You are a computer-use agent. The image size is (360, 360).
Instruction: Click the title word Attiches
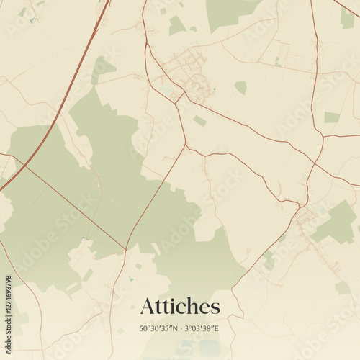point(180,306)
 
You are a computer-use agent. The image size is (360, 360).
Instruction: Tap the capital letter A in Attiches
point(148,306)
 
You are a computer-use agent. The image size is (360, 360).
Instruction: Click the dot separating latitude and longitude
point(180,328)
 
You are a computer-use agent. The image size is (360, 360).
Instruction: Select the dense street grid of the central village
point(187,72)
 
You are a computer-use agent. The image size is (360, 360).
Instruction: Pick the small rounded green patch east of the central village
point(240,87)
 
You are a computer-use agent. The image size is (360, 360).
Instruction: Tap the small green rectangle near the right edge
point(332,117)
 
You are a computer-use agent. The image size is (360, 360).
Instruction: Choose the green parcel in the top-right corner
point(348,18)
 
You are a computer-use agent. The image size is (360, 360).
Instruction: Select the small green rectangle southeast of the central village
point(200,121)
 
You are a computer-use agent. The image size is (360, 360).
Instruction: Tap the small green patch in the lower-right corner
point(343,288)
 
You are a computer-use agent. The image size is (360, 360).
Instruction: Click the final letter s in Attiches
point(214,307)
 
